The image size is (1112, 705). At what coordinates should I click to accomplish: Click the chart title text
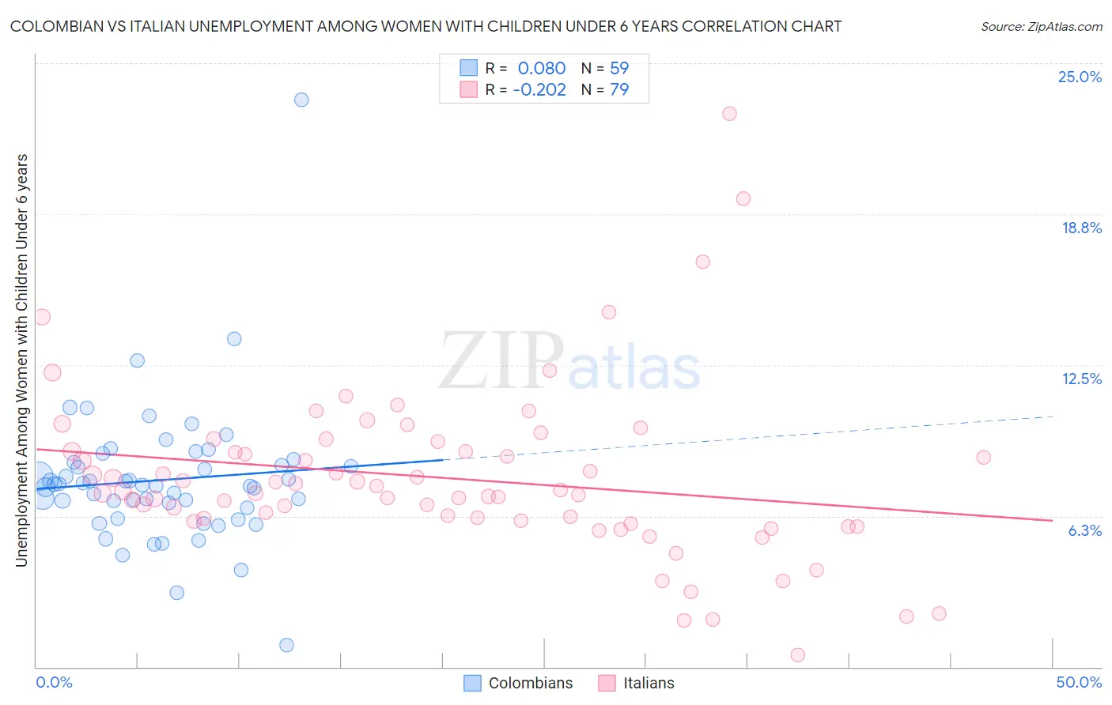click(426, 26)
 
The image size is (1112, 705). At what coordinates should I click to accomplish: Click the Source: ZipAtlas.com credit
click(1041, 26)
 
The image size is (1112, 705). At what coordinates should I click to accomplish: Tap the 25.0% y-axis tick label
click(1080, 77)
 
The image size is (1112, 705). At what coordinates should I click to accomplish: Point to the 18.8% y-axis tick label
click(1081, 228)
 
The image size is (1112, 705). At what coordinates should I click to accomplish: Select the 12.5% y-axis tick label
click(1081, 379)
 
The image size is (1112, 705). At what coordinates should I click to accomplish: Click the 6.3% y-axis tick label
click(1084, 530)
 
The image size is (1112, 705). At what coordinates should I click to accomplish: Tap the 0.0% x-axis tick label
click(54, 682)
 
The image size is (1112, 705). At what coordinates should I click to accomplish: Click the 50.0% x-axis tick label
click(1079, 682)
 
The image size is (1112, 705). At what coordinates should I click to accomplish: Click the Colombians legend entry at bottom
click(519, 683)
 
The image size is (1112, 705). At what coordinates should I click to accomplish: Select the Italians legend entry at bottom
click(637, 683)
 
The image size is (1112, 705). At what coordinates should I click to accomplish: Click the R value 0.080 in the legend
click(542, 68)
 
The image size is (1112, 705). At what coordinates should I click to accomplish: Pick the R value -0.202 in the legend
click(539, 89)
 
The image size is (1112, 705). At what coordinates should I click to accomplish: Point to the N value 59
click(619, 68)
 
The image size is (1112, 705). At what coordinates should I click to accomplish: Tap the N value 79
click(619, 89)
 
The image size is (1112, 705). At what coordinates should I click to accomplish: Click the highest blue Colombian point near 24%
click(301, 100)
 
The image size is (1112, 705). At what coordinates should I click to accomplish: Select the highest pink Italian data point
click(729, 114)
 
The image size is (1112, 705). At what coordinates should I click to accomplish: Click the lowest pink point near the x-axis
click(797, 655)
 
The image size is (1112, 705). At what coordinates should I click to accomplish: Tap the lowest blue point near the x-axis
click(287, 645)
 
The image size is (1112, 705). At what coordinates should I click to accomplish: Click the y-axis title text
click(21, 360)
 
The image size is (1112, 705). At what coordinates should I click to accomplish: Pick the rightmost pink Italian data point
click(983, 458)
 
